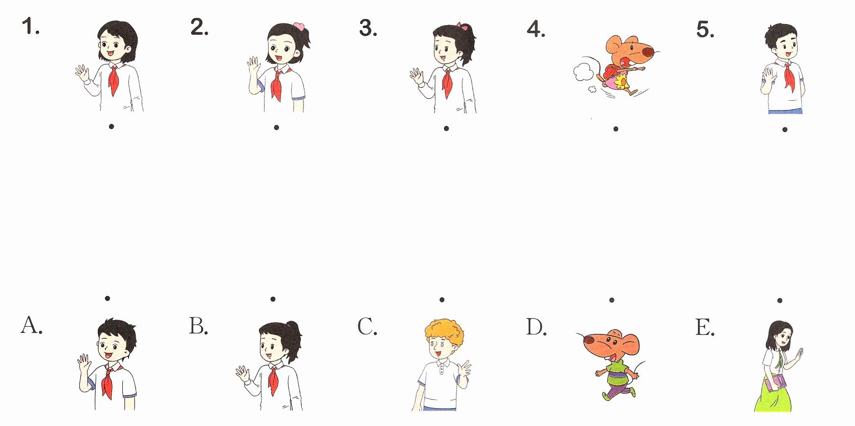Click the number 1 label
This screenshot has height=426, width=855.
click(31, 27)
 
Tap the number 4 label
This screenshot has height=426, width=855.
click(536, 29)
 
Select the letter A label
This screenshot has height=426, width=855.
click(31, 325)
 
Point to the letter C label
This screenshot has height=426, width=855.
click(367, 326)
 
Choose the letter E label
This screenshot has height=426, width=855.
click(705, 327)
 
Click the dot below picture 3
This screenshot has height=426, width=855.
click(446, 128)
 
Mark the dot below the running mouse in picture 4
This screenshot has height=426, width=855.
click(616, 129)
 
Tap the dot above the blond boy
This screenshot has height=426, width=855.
click(442, 300)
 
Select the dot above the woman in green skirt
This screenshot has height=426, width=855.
click(780, 301)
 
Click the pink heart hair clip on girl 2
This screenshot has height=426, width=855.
click(299, 27)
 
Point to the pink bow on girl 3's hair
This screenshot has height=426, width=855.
click(463, 27)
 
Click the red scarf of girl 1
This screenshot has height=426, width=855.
click(114, 79)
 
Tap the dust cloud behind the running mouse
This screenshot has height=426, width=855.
click(583, 73)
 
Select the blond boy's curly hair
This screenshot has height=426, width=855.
click(445, 331)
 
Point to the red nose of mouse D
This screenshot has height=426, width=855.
click(589, 339)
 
